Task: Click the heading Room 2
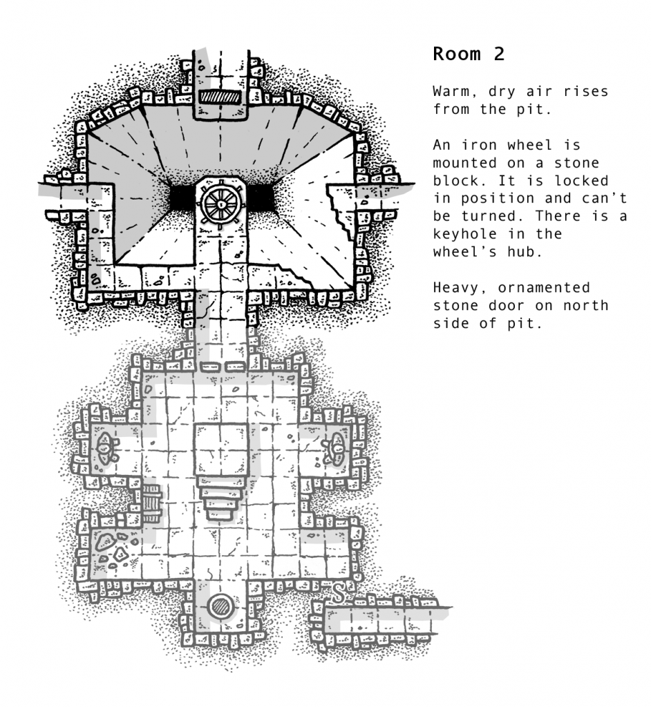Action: point(468,54)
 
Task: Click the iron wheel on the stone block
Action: point(220,204)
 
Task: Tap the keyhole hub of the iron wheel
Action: point(220,204)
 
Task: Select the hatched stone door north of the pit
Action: point(221,97)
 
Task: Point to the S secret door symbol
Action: point(339,592)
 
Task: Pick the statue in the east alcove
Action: point(336,448)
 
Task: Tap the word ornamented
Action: point(544,287)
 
